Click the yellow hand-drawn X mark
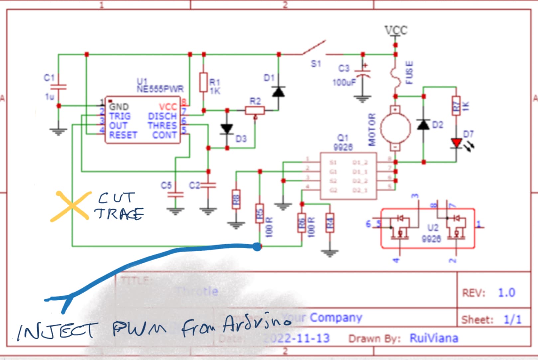[71, 206]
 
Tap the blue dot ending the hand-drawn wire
[257, 247]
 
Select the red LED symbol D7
[456, 143]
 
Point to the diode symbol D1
[278, 91]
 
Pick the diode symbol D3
[227, 129]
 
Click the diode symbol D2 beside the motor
[423, 125]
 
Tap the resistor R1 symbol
[203, 82]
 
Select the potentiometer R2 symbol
[255, 110]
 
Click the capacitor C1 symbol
[58, 87]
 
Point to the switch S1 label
[316, 64]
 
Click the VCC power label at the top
[396, 30]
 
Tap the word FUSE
[409, 72]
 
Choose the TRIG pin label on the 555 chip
[120, 116]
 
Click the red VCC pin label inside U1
[168, 107]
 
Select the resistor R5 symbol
[260, 213]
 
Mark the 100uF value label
[344, 82]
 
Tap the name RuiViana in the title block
[434, 338]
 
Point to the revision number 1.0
[506, 293]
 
